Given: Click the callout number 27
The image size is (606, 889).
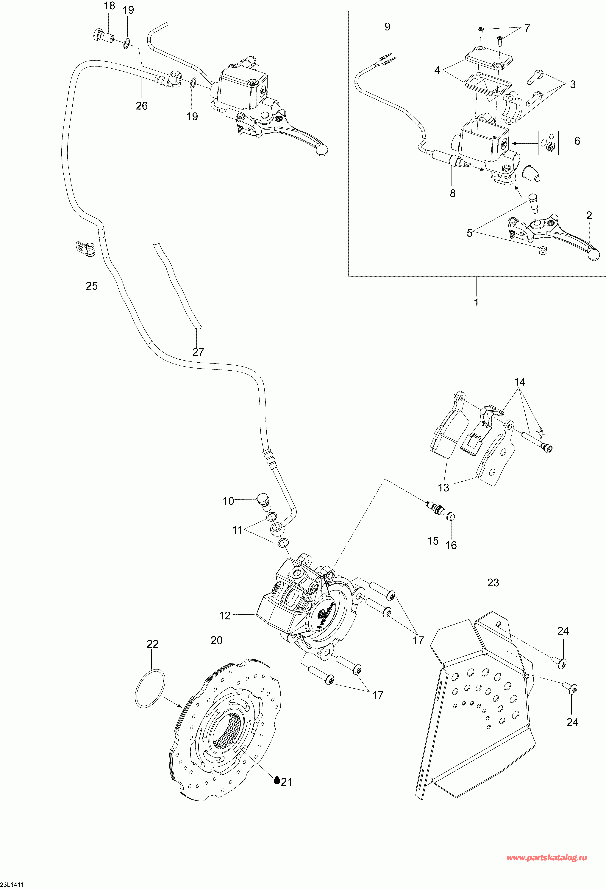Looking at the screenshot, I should tap(198, 352).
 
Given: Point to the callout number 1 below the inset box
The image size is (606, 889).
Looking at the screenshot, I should tap(476, 302).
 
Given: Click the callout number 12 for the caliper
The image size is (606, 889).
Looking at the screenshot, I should tap(225, 616).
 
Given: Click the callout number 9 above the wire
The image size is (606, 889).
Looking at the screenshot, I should tap(388, 27).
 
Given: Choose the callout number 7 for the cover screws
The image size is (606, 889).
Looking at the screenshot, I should tap(527, 28).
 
